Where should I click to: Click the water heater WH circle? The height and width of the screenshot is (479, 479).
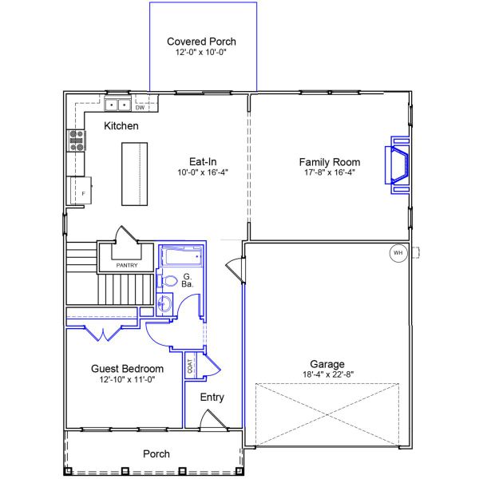(398, 253)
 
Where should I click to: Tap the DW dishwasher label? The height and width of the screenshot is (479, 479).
(140, 108)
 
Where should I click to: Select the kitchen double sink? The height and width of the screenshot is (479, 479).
(118, 105)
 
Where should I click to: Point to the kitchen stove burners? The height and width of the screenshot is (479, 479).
(77, 141)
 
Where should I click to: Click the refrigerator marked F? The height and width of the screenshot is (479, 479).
(81, 190)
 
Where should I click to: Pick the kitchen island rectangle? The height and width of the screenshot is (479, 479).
(135, 174)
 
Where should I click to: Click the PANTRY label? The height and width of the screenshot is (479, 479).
(127, 265)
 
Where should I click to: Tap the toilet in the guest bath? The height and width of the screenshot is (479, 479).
(167, 281)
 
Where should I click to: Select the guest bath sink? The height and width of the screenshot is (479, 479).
(164, 303)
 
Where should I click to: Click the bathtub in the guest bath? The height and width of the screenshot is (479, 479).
(181, 256)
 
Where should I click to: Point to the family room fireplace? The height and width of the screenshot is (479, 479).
(397, 165)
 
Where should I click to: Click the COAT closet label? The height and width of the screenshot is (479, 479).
(190, 366)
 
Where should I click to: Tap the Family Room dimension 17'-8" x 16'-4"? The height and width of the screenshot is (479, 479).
(330, 172)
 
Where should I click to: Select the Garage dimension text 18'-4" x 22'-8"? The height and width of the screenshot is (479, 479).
(328, 374)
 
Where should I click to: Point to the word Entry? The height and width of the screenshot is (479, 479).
(212, 397)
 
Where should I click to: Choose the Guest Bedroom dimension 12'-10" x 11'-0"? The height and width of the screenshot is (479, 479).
(128, 380)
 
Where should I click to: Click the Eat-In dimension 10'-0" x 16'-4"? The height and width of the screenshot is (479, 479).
(203, 172)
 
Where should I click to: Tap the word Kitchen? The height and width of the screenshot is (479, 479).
(121, 126)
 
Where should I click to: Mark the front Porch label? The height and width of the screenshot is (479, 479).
(156, 454)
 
